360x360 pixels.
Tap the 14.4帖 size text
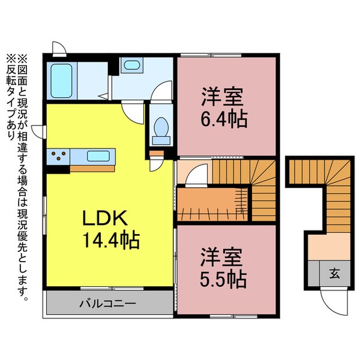pos(112,241)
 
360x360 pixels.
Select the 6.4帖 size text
pos(224,118)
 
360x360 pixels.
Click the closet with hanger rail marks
pos(213,203)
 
